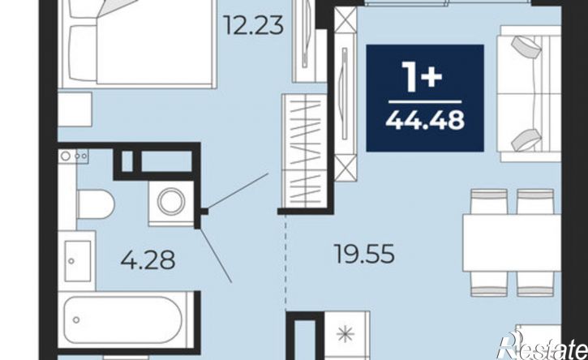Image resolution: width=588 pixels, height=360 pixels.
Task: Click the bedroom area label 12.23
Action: (253, 26)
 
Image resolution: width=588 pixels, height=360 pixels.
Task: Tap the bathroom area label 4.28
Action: (148, 260)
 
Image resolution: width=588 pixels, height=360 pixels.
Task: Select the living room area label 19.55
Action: (364, 254)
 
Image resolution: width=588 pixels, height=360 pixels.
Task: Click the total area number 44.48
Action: (425, 121)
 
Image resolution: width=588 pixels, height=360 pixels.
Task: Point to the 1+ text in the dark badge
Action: (423, 76)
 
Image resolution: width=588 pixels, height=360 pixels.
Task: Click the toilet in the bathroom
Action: (95, 205)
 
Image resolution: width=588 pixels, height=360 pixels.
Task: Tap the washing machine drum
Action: (170, 202)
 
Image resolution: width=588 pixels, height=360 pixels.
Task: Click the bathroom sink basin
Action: (78, 261)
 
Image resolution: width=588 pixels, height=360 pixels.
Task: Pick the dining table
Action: (512, 242)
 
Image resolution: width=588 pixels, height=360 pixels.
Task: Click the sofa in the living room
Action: (529, 94)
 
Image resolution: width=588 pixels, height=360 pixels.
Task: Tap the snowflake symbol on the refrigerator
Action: (345, 334)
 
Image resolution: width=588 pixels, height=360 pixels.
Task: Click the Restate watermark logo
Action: (543, 347)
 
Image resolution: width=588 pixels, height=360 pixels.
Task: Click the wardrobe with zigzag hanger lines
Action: (304, 151)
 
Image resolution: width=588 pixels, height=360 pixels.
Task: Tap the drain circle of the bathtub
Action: (76, 320)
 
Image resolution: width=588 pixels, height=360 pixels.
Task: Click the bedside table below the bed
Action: (75, 109)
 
